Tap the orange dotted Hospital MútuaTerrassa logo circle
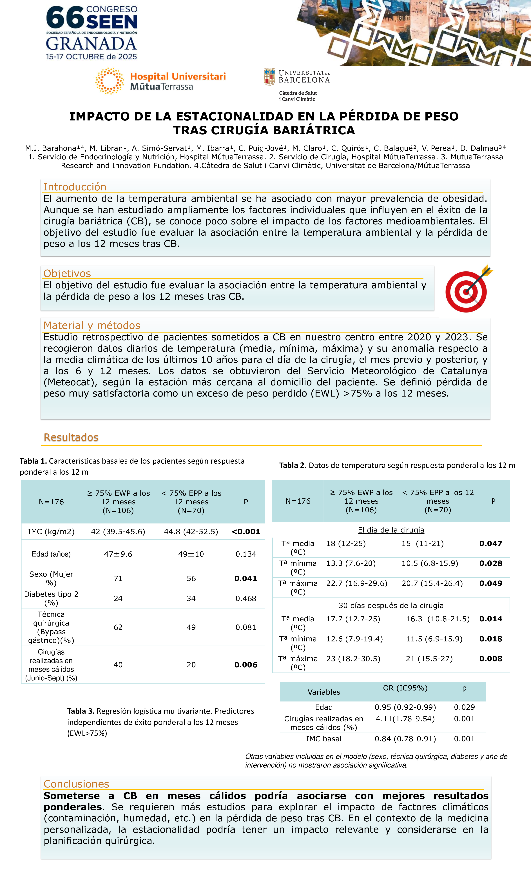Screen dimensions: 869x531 [x=110, y=81]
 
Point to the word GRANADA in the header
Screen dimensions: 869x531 [x=91, y=44]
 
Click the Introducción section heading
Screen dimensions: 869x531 [x=75, y=187]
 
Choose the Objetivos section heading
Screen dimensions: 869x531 [x=67, y=273]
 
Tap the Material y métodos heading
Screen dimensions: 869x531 [x=92, y=325]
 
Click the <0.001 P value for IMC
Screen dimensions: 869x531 [x=246, y=531]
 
